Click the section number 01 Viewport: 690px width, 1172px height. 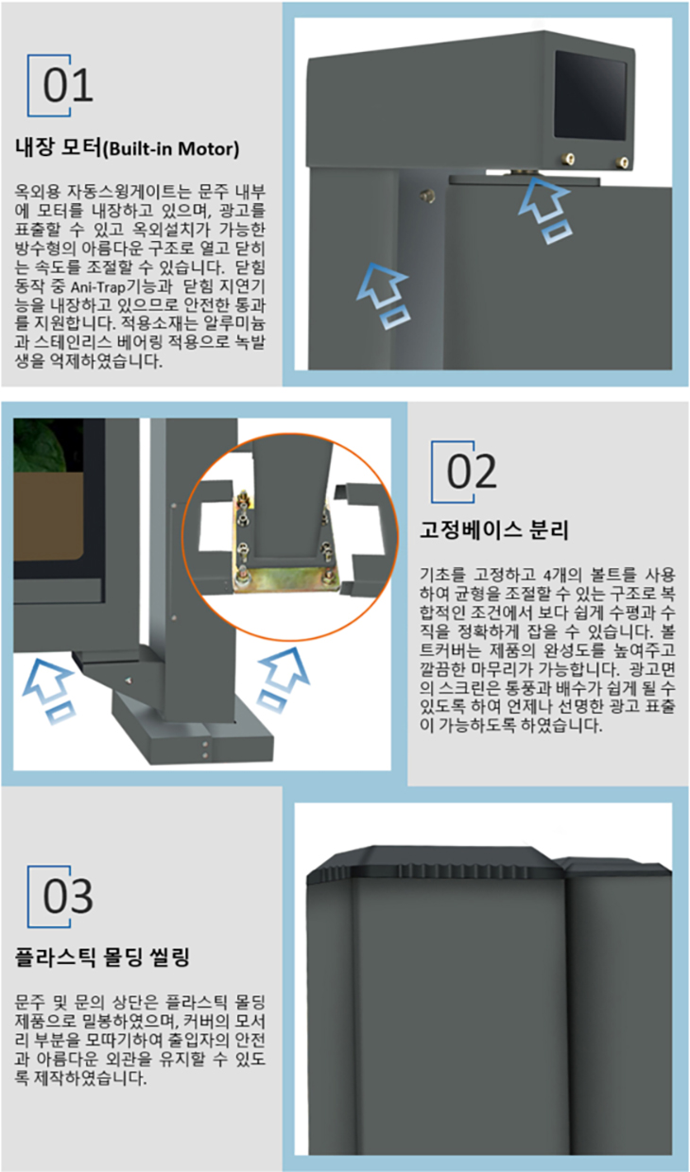[x=68, y=85]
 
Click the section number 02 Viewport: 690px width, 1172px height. [x=472, y=472]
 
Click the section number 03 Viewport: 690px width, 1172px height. [x=68, y=896]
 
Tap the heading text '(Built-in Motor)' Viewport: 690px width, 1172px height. [x=171, y=149]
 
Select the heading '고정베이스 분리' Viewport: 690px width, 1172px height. [x=493, y=529]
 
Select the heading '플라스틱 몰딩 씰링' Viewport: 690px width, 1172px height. [x=102, y=957]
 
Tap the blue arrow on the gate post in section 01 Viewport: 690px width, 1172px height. [x=385, y=296]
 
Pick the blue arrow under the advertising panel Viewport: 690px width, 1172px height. [x=50, y=691]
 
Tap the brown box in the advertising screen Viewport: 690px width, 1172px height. [x=48, y=516]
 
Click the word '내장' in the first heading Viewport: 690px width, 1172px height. [x=35, y=148]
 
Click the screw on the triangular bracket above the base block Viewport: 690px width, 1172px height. [x=129, y=681]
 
